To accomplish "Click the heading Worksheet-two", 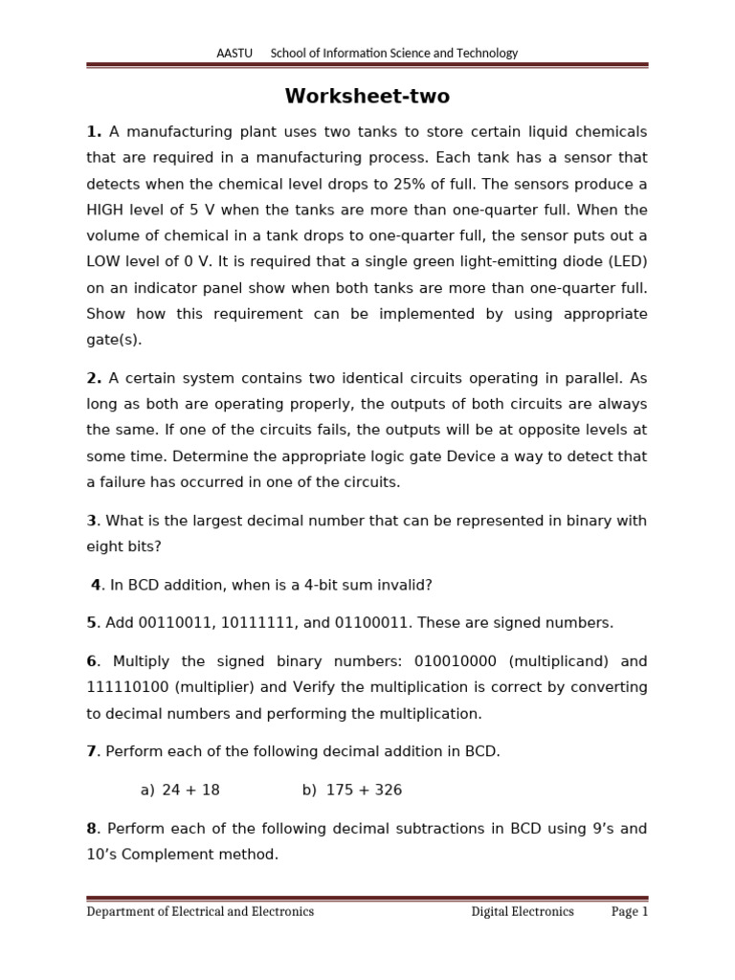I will tap(367, 97).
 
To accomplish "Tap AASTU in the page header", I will tap(234, 54).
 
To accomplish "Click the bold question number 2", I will tap(92, 378).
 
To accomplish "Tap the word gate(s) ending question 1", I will tap(113, 340).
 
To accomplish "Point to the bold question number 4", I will tap(96, 585).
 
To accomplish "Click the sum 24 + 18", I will tap(190, 790).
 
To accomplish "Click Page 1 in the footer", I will tap(630, 912).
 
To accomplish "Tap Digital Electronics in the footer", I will tap(523, 912).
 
